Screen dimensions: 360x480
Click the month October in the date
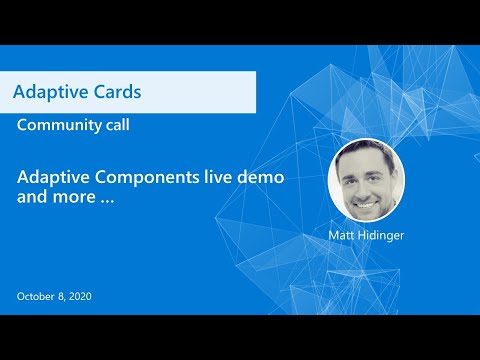click(x=38, y=296)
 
